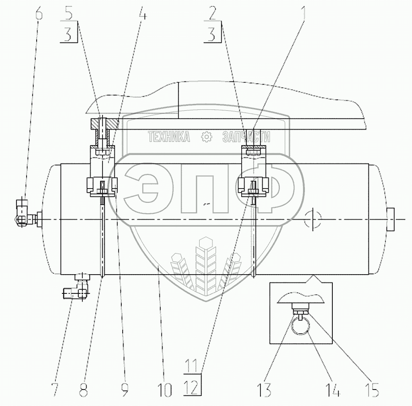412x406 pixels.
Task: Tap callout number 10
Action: click(164, 390)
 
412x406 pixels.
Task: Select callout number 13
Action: click(264, 390)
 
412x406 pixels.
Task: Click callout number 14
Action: click(332, 390)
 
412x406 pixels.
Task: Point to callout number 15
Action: click(372, 390)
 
